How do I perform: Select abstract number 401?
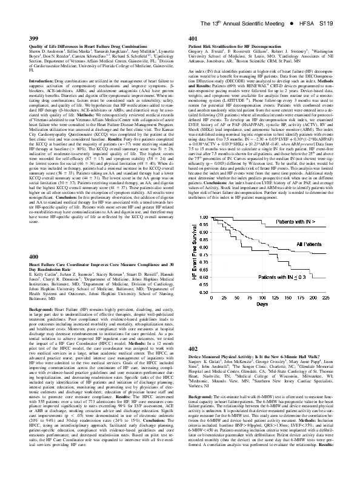193,38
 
